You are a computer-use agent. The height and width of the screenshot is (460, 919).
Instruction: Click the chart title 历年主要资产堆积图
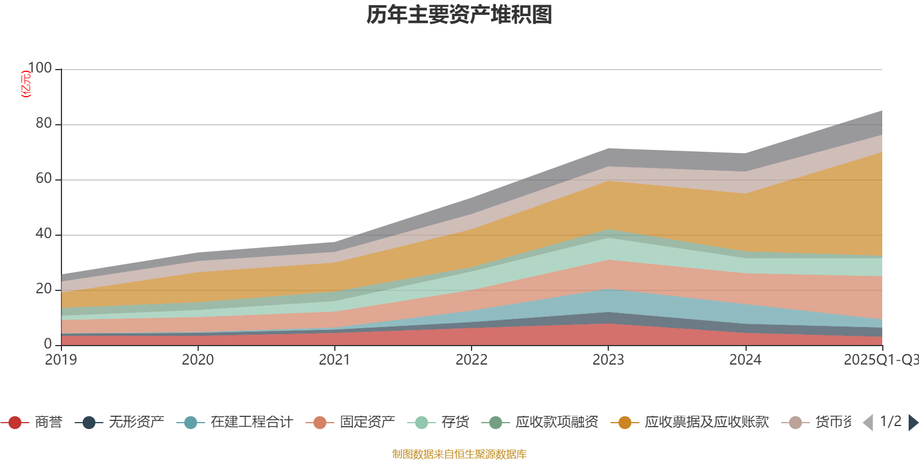[x=459, y=15]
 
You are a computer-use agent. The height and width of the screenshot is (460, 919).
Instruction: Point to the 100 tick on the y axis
[x=40, y=68]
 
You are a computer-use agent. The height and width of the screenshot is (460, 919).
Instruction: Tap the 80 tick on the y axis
[x=43, y=124]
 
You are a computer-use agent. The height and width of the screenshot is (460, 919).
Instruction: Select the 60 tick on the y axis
[x=43, y=179]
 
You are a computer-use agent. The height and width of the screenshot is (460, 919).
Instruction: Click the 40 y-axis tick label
[x=43, y=234]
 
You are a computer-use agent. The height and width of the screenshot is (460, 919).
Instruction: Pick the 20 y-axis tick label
[x=43, y=289]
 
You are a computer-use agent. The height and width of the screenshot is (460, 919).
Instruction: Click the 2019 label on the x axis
[x=61, y=360]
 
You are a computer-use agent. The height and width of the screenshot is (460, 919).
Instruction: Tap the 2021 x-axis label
[x=334, y=360]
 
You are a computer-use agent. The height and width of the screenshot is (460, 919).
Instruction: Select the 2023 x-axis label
[x=608, y=360]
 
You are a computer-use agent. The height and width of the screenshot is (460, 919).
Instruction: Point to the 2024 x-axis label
[x=745, y=360]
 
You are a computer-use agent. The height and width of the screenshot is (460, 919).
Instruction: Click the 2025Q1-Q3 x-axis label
[x=880, y=360]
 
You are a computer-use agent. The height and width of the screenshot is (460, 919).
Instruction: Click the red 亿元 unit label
[x=26, y=84]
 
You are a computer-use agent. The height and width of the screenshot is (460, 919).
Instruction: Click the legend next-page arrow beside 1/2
[x=913, y=423]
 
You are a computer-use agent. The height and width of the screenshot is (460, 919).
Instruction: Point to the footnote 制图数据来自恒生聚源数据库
[x=459, y=454]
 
